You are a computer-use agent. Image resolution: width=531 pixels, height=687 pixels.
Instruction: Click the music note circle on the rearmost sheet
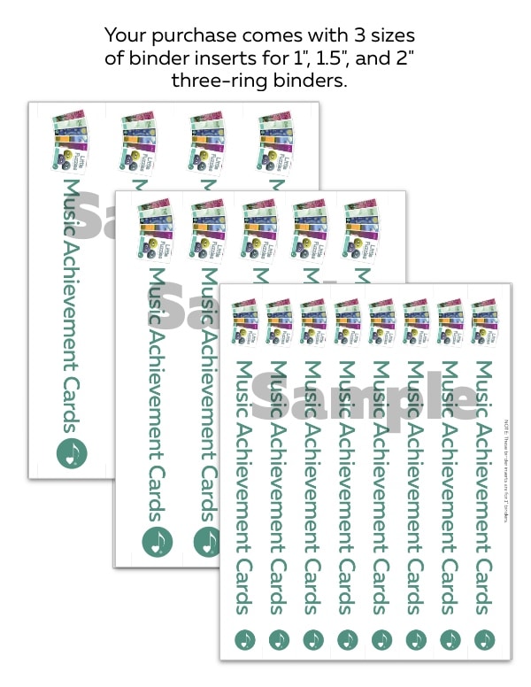(72, 453)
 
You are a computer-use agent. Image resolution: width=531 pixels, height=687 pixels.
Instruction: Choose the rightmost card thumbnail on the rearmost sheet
(273, 140)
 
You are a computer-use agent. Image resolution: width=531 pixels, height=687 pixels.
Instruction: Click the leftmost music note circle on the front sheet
(244, 638)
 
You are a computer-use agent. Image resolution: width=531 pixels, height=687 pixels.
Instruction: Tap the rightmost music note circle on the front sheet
(484, 638)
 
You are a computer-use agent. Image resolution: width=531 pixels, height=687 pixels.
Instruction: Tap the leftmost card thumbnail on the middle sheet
(154, 229)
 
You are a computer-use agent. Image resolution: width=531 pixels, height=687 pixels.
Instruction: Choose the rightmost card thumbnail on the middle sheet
(360, 229)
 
